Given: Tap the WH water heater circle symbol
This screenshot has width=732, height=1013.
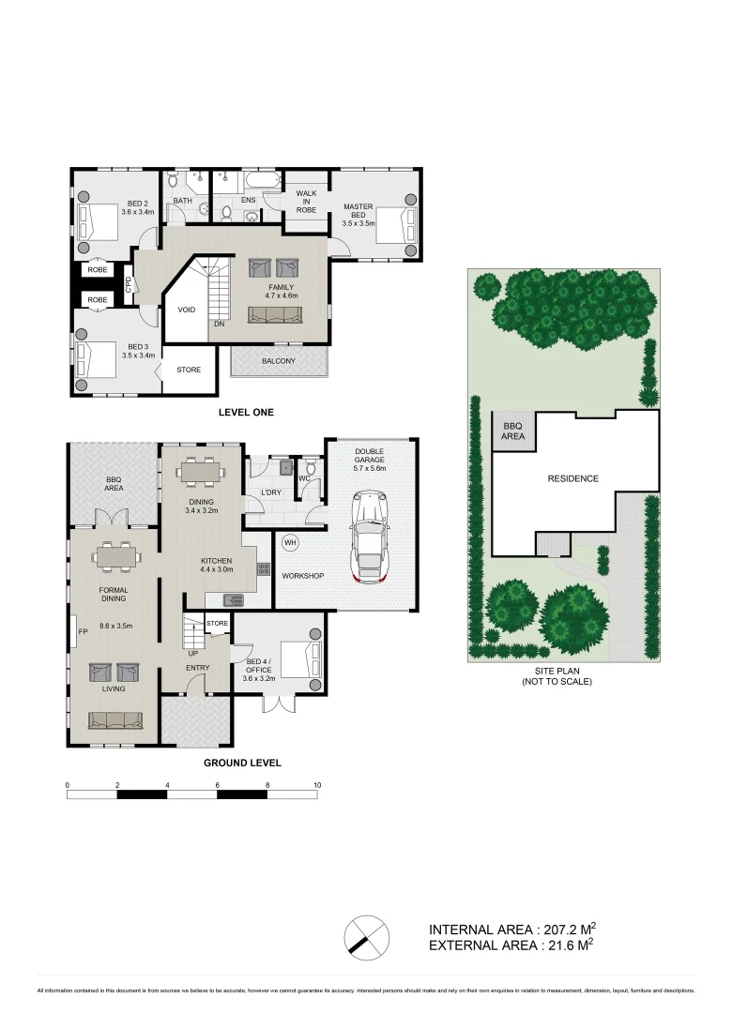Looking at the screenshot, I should (290, 543).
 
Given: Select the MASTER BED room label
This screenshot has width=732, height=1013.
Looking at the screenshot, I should (358, 215).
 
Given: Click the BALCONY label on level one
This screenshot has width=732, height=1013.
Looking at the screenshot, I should (279, 361).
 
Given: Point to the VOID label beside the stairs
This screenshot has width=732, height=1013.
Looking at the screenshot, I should (187, 310).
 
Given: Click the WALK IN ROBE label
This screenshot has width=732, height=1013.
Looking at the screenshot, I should (306, 201).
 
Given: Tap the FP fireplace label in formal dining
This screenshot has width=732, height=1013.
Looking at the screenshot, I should (83, 630).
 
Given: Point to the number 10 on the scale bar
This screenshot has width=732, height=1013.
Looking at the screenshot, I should (317, 784).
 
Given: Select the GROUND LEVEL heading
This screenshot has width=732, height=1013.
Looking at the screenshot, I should (242, 763).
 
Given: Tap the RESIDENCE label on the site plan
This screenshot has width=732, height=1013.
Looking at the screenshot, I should (572, 478).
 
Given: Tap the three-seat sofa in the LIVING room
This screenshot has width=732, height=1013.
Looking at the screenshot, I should (114, 720).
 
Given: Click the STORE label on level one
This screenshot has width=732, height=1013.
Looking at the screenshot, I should (189, 370).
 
